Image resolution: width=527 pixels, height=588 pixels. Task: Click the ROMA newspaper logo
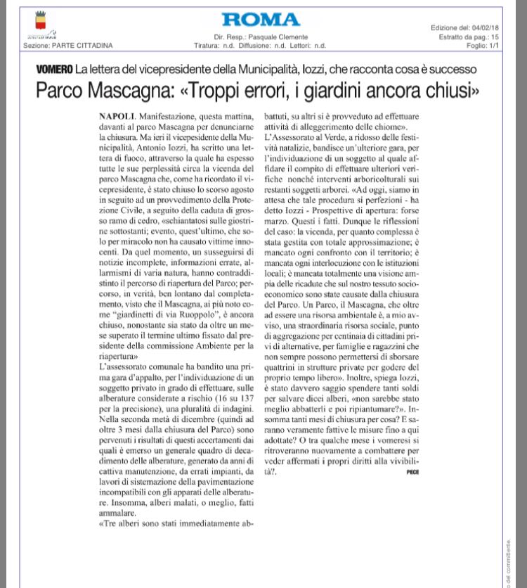(x=261, y=20)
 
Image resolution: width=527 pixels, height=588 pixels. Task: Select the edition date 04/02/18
(x=481, y=27)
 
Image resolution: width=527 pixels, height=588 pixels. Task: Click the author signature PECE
(x=412, y=472)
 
